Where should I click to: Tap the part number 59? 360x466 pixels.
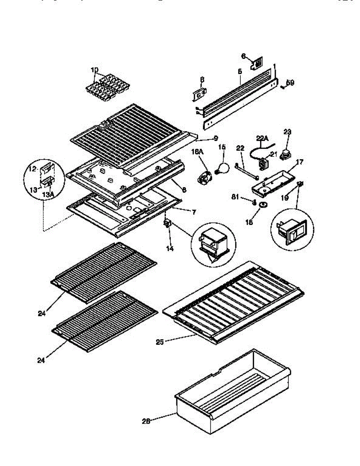[x=290, y=83]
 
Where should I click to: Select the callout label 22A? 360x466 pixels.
[x=263, y=137]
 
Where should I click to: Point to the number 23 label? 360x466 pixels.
[x=287, y=132]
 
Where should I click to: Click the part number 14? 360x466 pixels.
[x=169, y=249]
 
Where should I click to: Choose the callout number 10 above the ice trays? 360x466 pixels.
[x=95, y=70]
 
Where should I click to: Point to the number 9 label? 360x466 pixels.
[x=216, y=138]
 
